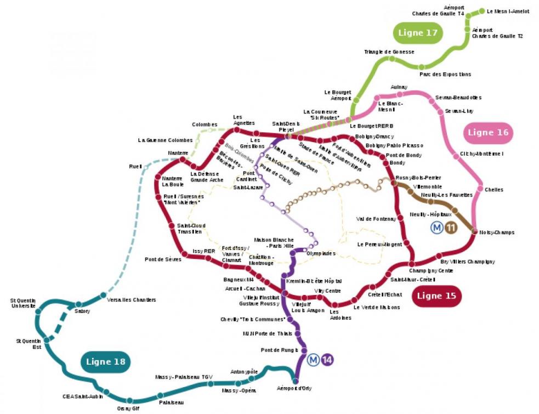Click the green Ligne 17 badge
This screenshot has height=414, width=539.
click(418, 33)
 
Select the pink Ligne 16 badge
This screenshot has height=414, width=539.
click(488, 132)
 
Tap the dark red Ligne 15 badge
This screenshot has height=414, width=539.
click(436, 296)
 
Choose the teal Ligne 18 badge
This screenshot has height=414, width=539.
click(105, 362)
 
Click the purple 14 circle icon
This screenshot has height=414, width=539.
click(327, 360)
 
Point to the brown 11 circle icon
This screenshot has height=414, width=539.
click(451, 228)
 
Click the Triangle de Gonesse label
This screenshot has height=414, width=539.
click(389, 52)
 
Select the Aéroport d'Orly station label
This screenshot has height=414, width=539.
click(296, 389)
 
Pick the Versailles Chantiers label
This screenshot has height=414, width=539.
click(132, 300)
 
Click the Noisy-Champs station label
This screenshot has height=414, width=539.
click(497, 232)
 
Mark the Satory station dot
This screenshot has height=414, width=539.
click(78, 304)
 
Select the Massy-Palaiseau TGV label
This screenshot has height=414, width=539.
click(183, 377)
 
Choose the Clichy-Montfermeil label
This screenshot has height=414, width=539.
click(481, 154)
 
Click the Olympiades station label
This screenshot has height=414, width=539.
click(320, 254)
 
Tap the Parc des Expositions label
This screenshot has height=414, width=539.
click(445, 74)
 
